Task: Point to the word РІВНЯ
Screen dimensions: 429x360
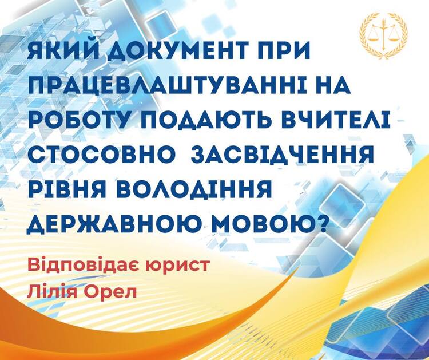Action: [x=67, y=189]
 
